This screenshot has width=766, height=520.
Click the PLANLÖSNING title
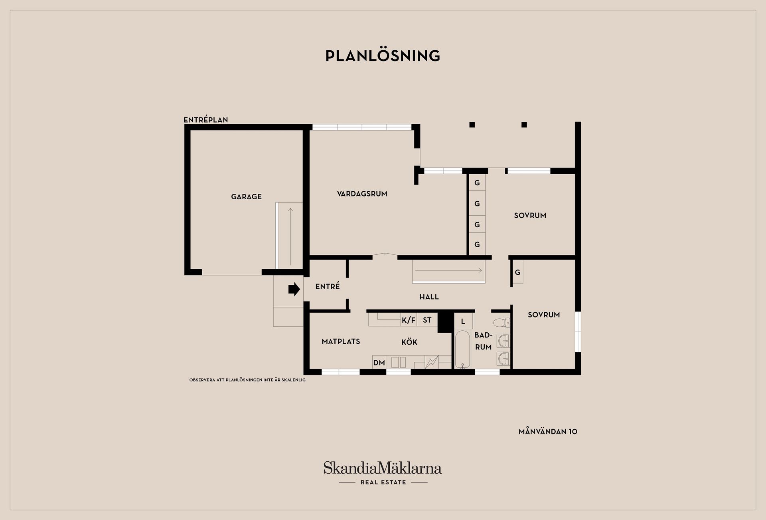(x=383, y=56)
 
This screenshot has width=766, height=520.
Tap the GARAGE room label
(x=246, y=196)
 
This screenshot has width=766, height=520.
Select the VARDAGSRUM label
(x=362, y=194)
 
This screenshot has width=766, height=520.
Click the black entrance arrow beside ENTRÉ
(x=294, y=289)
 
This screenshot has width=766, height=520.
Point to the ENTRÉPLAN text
(x=205, y=120)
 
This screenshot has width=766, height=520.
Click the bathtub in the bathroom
(x=463, y=349)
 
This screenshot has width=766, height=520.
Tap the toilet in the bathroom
(x=501, y=322)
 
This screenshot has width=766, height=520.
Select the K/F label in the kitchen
(x=409, y=320)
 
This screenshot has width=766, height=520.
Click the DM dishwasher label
(x=379, y=363)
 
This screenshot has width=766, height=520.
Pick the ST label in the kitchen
(x=427, y=320)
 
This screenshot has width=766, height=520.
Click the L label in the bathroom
(x=463, y=322)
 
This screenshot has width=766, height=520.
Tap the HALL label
(x=429, y=297)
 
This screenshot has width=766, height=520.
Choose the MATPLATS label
(x=341, y=341)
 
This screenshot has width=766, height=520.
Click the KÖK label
(x=409, y=342)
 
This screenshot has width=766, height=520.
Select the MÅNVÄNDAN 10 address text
(x=548, y=431)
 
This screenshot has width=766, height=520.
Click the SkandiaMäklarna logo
(x=383, y=473)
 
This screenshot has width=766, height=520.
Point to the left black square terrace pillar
(x=472, y=125)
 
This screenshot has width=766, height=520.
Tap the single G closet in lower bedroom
(x=517, y=272)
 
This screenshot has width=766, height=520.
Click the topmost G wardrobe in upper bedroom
(x=477, y=183)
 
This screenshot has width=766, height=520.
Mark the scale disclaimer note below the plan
(x=247, y=380)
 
